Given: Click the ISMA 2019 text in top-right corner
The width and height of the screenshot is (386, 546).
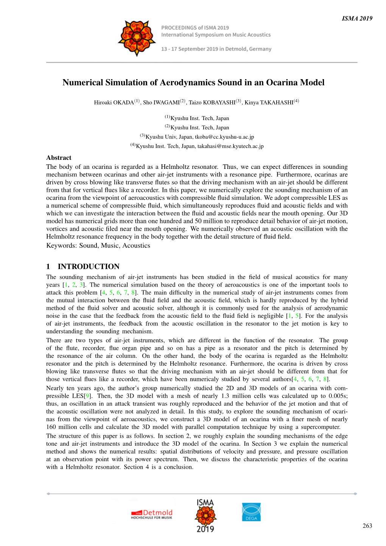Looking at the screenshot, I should coord(357,18).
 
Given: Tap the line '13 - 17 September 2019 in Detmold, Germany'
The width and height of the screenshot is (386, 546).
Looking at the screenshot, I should coord(216,49).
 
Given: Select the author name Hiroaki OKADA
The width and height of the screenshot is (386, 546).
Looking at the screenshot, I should coord(114,102).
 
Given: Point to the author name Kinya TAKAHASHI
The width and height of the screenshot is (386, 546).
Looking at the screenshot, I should coord(269,102).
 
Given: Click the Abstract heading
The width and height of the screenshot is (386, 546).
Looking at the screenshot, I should coord(59,158).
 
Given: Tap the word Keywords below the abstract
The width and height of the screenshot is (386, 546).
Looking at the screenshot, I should coord(61,245).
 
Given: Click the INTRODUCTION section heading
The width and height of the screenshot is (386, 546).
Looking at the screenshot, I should coord(88,266).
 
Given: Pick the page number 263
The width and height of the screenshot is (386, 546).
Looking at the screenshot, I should coord(367,526).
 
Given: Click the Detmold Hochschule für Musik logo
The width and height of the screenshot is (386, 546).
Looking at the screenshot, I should coord(152,514).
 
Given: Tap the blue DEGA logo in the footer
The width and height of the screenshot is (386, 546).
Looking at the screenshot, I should coord(251,512).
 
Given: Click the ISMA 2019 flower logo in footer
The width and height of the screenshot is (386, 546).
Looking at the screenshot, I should coord(205,516).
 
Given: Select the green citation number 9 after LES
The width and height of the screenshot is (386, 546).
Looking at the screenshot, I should coord(87,396).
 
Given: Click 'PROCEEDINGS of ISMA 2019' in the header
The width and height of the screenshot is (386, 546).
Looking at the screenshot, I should coord(195,28).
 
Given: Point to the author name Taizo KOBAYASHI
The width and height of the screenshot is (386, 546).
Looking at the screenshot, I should coord(212,102).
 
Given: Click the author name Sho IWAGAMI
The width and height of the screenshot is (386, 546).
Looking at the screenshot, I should coord(161,102).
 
